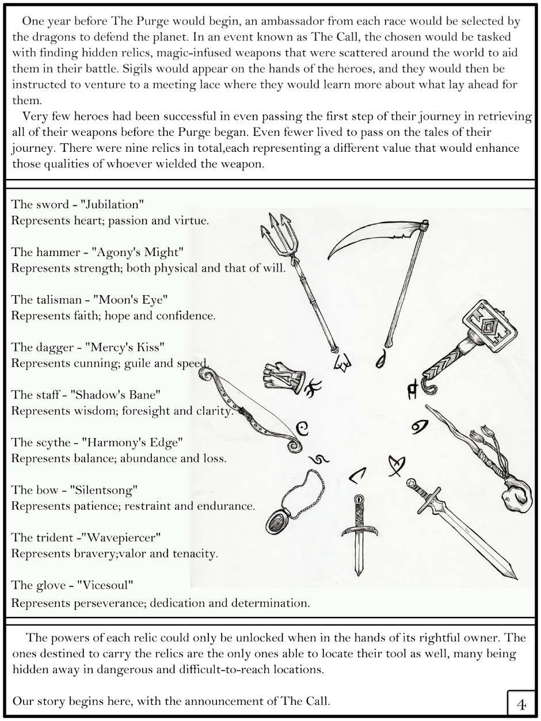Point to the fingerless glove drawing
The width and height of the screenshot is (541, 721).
point(283,377)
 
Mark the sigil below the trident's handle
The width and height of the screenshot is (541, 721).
point(344,363)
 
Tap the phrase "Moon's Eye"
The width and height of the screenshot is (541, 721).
point(119,300)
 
